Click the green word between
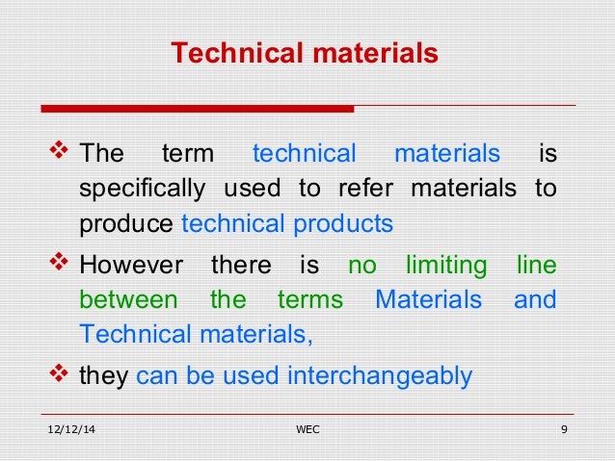(127, 299)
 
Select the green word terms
(309, 299)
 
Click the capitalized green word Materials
(428, 299)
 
